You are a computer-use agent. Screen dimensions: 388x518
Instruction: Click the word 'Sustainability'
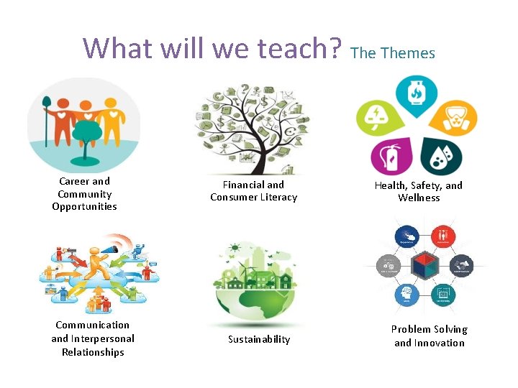click(259, 339)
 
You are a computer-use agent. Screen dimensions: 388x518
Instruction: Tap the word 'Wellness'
click(419, 198)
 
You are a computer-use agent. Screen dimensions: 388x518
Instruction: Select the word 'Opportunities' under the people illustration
click(84, 207)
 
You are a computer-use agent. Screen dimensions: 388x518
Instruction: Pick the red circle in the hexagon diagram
click(443, 236)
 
